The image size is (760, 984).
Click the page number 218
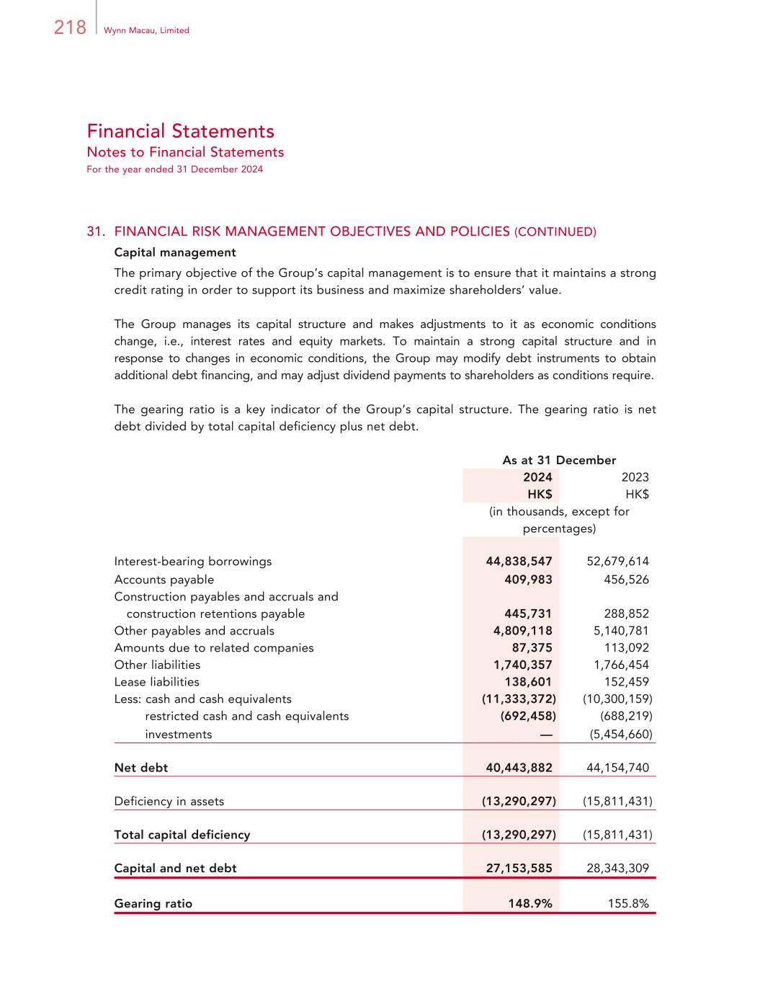coord(70,27)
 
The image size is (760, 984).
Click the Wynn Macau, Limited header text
coord(146,30)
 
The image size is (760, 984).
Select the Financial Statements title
coord(180,131)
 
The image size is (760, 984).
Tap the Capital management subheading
coord(175,252)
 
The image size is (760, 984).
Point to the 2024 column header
coord(537,477)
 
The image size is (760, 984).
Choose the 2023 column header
coord(635,477)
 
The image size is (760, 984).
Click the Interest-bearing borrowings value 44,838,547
coord(519,562)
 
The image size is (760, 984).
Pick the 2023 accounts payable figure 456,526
coord(626,580)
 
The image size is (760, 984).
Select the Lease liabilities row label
coord(157,682)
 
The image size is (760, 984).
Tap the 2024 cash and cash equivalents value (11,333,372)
coord(519,699)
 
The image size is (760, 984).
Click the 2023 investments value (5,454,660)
coord(617,735)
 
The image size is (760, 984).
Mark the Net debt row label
coord(141,768)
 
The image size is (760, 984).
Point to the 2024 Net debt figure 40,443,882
coord(519,768)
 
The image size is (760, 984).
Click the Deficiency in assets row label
coord(169,802)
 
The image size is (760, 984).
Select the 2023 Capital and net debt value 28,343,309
coord(617,869)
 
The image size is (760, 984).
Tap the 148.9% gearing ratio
coord(530,904)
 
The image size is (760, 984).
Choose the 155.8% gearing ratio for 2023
coord(628,904)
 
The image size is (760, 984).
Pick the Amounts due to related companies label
coord(214,648)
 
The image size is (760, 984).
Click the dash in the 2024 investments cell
coord(545,735)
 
